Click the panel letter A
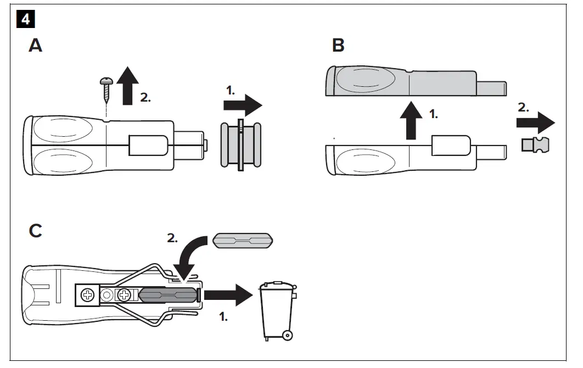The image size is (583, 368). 35,46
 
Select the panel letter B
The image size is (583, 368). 338,46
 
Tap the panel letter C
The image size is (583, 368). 35,231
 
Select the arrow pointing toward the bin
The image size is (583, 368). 226,295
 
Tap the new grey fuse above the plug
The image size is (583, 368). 242,241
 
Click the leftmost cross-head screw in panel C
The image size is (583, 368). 86,295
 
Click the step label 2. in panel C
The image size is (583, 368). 173,238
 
